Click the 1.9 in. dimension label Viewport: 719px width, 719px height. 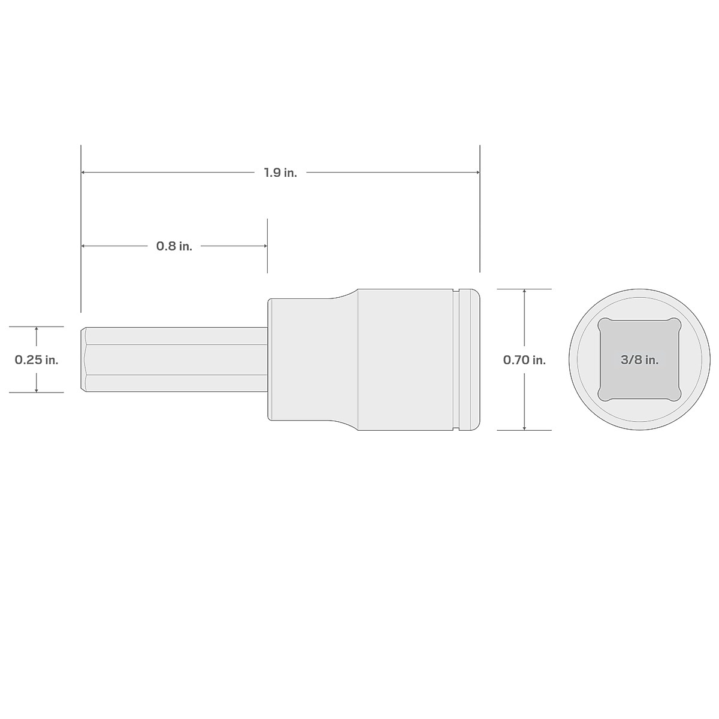280,173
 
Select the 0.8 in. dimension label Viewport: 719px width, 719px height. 174,246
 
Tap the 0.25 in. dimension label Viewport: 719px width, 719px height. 37,360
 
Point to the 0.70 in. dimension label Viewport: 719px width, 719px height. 524,360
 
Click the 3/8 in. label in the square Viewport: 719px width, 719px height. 639,360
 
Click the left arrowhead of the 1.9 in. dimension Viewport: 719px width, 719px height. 84,173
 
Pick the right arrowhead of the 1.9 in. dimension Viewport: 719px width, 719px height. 477,173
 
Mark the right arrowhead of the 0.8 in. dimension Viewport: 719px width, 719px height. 264,246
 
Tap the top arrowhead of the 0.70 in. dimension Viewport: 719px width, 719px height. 524,292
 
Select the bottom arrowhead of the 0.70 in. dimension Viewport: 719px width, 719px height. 524,427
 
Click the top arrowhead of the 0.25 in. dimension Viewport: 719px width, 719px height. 37,330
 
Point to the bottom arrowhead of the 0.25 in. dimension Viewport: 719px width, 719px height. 37,389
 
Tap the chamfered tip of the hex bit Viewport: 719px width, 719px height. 84,359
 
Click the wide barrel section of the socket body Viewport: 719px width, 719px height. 404,359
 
